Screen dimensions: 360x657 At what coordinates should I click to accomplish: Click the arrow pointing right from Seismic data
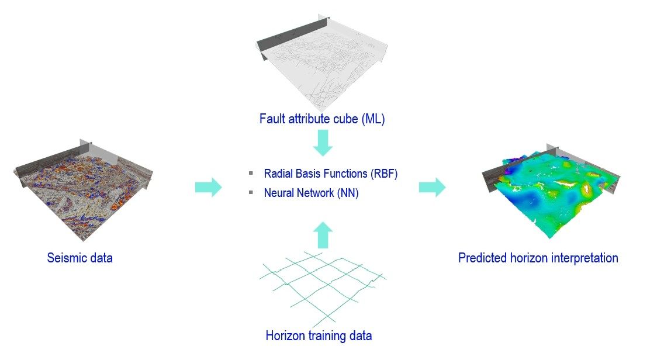[x=208, y=188]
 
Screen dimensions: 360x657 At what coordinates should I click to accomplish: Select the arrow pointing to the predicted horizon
[x=432, y=188]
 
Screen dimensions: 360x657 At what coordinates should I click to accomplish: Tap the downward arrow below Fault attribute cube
[x=323, y=143]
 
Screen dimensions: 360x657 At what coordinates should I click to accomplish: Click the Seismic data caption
[x=79, y=257]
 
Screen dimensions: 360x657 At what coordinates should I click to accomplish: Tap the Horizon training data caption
[x=319, y=336]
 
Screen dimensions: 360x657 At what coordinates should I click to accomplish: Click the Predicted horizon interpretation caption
[x=538, y=258]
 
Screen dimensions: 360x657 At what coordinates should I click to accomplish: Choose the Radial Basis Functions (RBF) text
[x=330, y=174]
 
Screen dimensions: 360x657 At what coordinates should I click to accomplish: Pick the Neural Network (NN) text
[x=311, y=193]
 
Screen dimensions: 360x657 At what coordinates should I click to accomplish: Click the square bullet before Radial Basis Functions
[x=251, y=174]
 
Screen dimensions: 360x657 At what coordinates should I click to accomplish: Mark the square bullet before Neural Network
[x=251, y=193]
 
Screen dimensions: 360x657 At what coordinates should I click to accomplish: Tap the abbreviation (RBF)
[x=384, y=174]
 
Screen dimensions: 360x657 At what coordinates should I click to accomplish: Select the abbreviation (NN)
[x=347, y=193]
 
